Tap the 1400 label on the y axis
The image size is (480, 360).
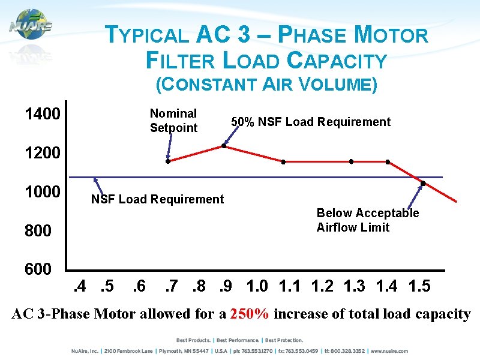point(42,114)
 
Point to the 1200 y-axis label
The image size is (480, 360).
point(42,153)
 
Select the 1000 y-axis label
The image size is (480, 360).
point(42,192)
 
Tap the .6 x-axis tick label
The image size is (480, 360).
point(139,286)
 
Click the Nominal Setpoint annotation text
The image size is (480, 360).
point(173,121)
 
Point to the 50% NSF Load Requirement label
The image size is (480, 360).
point(311,122)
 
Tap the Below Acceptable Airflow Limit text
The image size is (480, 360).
point(367,220)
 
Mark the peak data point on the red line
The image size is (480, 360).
point(224,146)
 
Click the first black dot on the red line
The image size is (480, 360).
point(168,161)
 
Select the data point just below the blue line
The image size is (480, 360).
point(423,183)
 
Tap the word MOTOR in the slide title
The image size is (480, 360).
point(391,35)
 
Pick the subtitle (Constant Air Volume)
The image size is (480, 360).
point(266,85)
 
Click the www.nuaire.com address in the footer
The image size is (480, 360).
point(389,351)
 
